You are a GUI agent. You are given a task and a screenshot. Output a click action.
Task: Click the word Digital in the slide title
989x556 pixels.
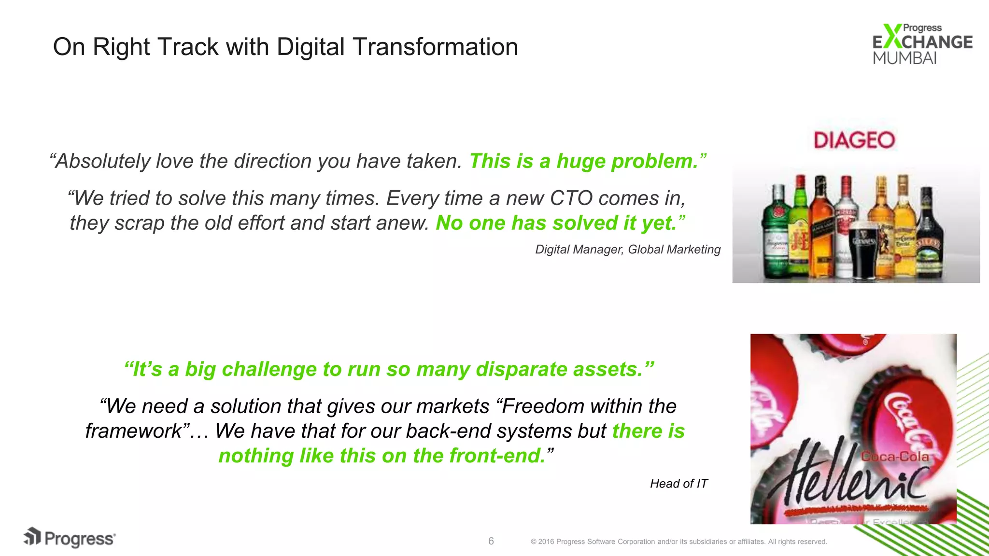(311, 47)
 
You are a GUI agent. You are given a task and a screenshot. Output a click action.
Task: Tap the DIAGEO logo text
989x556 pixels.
(854, 140)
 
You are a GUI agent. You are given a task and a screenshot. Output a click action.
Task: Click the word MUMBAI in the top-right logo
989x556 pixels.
(904, 58)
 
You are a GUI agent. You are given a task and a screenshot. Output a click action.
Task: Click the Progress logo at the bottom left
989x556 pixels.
(70, 538)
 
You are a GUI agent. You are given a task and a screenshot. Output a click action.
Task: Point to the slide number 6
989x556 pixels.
(491, 541)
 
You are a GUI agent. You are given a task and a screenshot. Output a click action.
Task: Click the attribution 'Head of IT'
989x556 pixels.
(678, 484)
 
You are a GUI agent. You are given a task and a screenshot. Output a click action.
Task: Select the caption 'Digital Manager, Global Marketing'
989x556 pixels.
(627, 250)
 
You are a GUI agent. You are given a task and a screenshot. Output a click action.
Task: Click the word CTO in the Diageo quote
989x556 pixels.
(571, 198)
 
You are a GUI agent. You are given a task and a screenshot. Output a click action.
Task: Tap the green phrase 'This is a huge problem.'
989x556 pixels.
(587, 161)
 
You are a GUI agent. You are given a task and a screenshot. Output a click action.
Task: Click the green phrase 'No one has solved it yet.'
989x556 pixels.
(560, 223)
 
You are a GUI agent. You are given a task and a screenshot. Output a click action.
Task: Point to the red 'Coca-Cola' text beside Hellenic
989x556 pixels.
(894, 457)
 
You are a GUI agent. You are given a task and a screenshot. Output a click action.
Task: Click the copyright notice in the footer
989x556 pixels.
(678, 542)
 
